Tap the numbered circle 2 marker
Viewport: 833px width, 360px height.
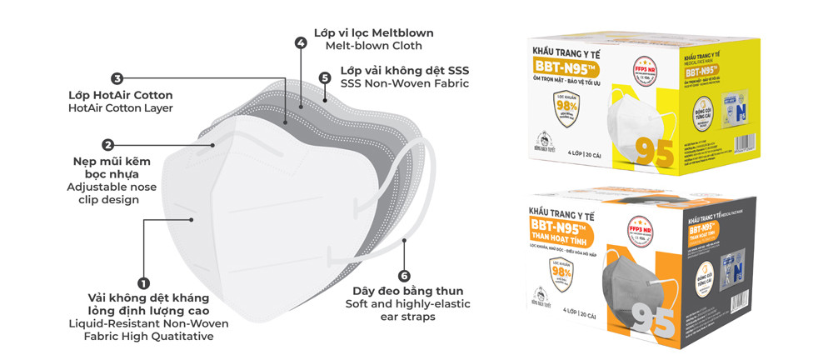click(x=107, y=144)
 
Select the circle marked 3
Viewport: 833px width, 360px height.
click(x=117, y=78)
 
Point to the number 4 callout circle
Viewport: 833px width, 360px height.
click(x=300, y=42)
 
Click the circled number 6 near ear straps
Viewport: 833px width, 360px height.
click(x=404, y=275)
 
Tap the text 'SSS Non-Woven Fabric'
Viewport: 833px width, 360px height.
click(x=405, y=83)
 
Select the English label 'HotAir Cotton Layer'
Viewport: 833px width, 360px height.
click(x=120, y=108)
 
